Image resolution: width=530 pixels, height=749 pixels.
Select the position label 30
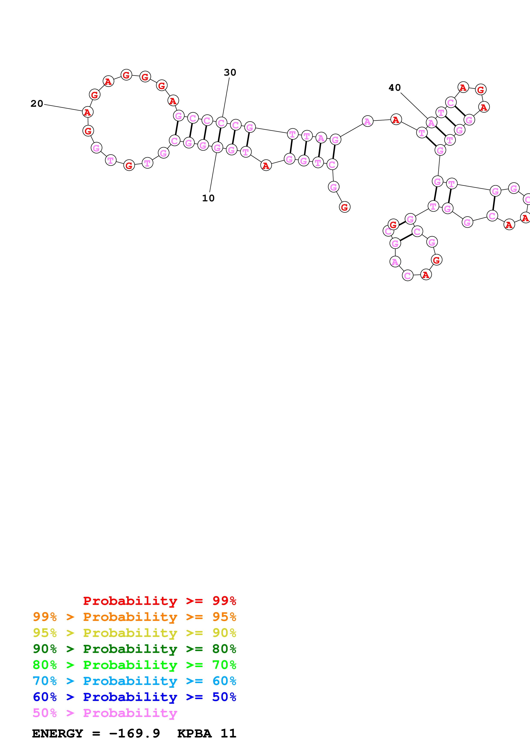[230, 72]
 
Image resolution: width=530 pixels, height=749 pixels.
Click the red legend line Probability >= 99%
[159, 601]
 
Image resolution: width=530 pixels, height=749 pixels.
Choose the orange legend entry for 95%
[134, 617]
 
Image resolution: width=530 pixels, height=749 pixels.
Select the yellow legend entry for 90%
[134, 633]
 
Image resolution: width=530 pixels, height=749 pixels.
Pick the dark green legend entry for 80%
[134, 649]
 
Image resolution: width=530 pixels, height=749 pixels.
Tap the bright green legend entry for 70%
[134, 665]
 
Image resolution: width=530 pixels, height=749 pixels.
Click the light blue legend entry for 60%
[134, 681]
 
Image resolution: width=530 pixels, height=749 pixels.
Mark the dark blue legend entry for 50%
[134, 697]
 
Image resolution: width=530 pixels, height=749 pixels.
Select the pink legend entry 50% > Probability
[105, 713]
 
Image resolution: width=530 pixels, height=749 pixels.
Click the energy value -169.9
[134, 733]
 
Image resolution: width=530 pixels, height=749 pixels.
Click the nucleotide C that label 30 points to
[221, 123]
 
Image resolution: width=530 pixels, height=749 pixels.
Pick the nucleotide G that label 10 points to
[217, 148]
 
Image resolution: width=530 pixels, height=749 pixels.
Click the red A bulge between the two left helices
[266, 165]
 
